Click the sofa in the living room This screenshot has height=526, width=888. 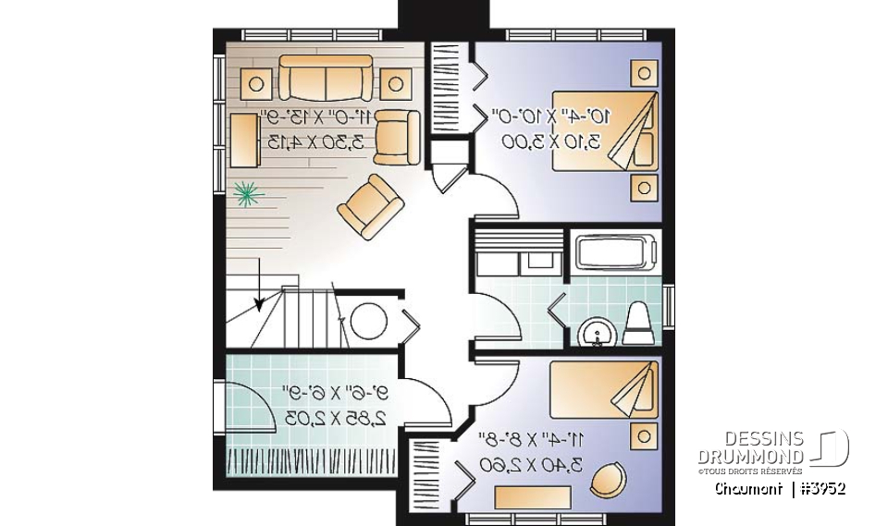(x=326, y=78)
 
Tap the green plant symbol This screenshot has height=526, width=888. (x=247, y=191)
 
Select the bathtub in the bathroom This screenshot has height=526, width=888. (x=615, y=252)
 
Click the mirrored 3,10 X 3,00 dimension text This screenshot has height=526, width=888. (x=550, y=141)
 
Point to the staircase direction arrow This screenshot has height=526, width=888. (x=260, y=300)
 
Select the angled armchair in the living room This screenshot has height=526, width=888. (x=370, y=204)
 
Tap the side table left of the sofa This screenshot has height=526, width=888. (x=256, y=84)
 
